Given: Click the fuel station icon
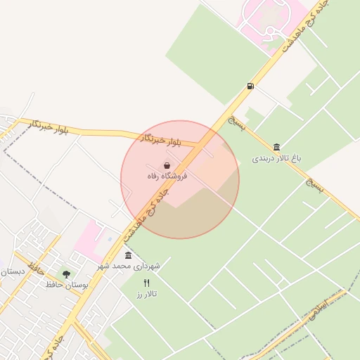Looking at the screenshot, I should click(x=250, y=86).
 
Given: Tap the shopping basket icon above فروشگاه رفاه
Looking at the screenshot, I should click(x=166, y=165).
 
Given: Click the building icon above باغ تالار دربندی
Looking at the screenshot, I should click(x=277, y=147).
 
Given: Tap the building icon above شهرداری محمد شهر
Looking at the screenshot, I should click(x=128, y=255).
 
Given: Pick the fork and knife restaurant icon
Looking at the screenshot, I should click(x=146, y=283).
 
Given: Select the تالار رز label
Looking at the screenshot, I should click(x=146, y=294).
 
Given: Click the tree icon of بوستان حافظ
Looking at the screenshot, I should click(x=66, y=274).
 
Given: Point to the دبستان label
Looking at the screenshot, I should click(x=12, y=271).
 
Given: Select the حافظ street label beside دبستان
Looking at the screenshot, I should click(x=38, y=269).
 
